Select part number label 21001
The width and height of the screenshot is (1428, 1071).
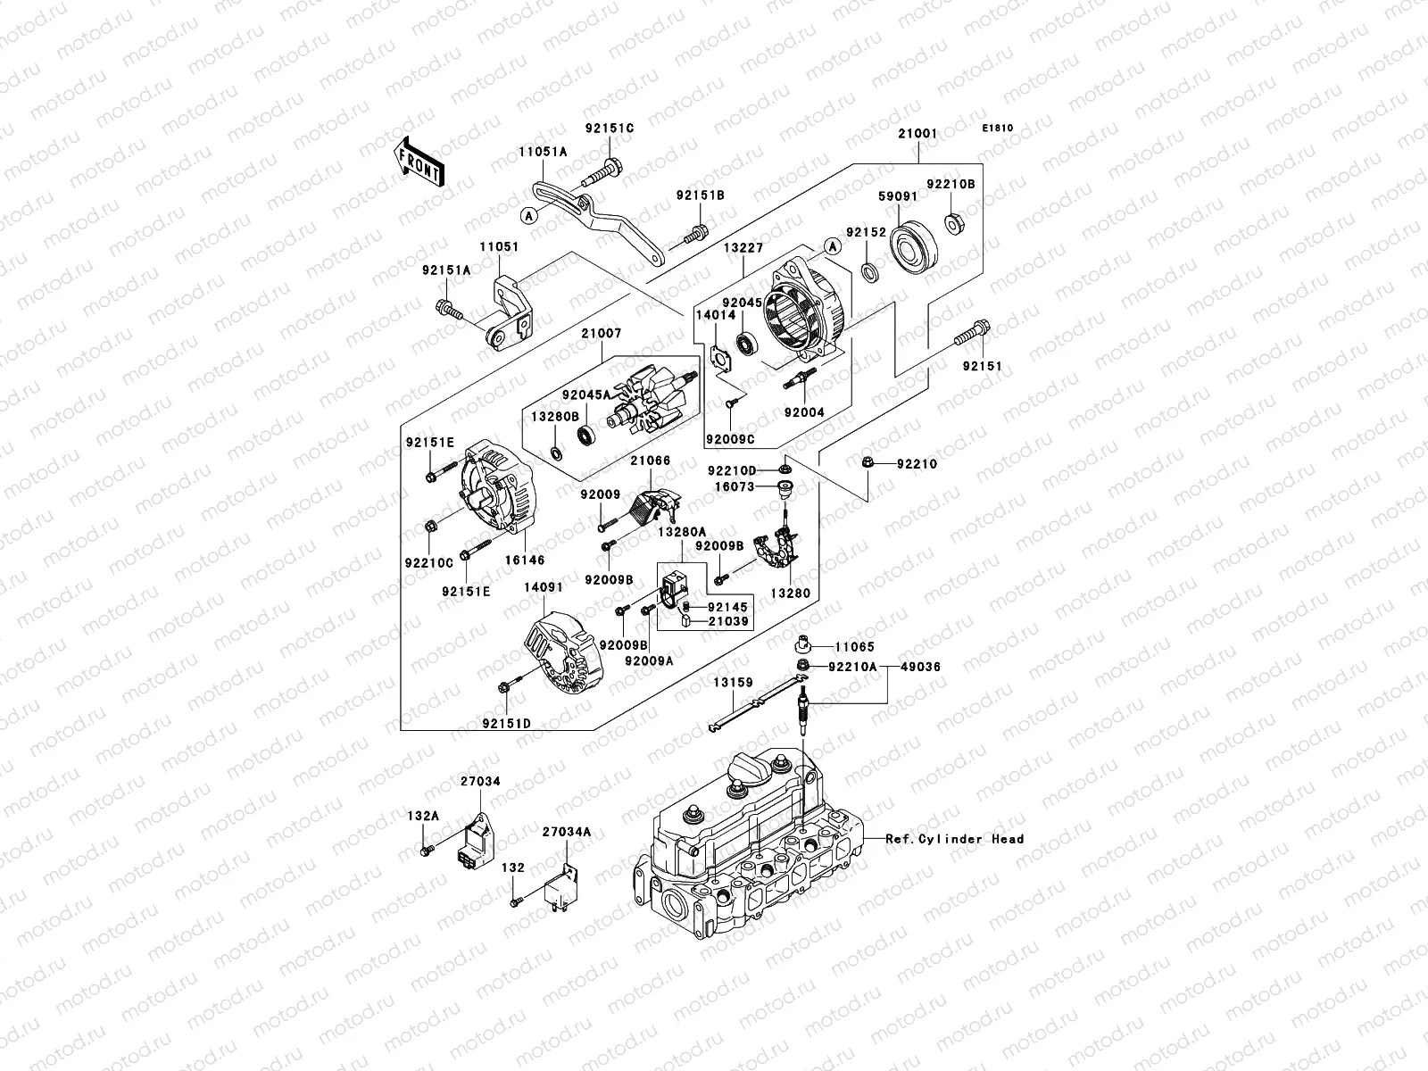(x=918, y=135)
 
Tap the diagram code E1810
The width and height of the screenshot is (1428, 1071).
(x=998, y=129)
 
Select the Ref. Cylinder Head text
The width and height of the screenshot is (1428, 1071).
(x=955, y=839)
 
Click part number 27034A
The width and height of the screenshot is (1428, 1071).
(x=567, y=832)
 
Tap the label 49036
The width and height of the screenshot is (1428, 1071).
(x=919, y=667)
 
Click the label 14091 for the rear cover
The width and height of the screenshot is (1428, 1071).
(x=544, y=588)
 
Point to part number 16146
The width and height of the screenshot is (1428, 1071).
(x=526, y=560)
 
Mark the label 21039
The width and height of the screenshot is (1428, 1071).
(x=728, y=621)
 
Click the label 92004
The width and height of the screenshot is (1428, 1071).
(x=804, y=413)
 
